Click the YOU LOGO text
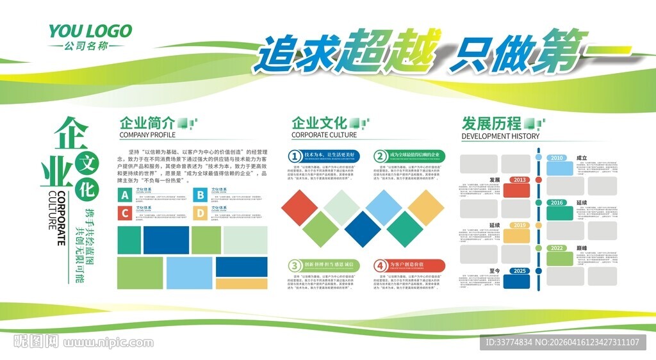pyautogui.click(x=90, y=31)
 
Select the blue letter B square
pyautogui.click(x=201, y=195)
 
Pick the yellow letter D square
pyautogui.click(x=201, y=213)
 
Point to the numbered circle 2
pyautogui.click(x=381, y=156)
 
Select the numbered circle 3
pyautogui.click(x=294, y=265)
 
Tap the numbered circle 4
pyautogui.click(x=381, y=265)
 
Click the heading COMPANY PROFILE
pyautogui.click(x=147, y=135)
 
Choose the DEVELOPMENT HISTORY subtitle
pyautogui.click(x=500, y=136)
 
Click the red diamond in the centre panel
pyautogui.click(x=304, y=207)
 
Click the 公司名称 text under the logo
pyautogui.click(x=90, y=46)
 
